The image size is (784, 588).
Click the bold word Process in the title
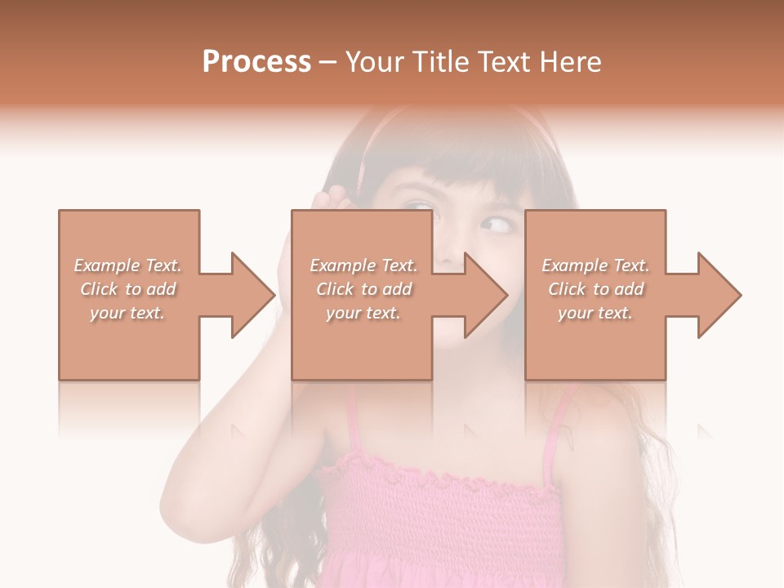coord(256,61)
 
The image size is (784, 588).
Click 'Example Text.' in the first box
coord(127,265)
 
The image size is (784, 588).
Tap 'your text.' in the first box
coord(127,313)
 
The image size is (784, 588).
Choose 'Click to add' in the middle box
coord(363,289)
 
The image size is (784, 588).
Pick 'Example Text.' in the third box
coord(595,265)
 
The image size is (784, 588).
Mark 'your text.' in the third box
coord(595,313)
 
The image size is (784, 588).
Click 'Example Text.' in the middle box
coord(363,265)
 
